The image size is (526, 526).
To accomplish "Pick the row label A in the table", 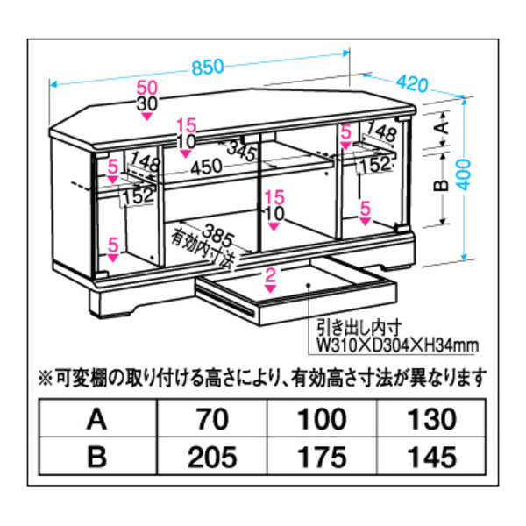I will click(x=98, y=420).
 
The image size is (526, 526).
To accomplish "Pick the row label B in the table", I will click(x=98, y=456).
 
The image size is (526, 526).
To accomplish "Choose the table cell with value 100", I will click(x=322, y=420).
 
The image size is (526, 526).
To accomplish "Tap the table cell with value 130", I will click(x=432, y=420).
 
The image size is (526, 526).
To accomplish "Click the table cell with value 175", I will click(x=322, y=456).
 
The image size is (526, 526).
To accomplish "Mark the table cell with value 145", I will click(x=432, y=456).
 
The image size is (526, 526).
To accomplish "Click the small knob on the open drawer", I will click(x=309, y=285).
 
